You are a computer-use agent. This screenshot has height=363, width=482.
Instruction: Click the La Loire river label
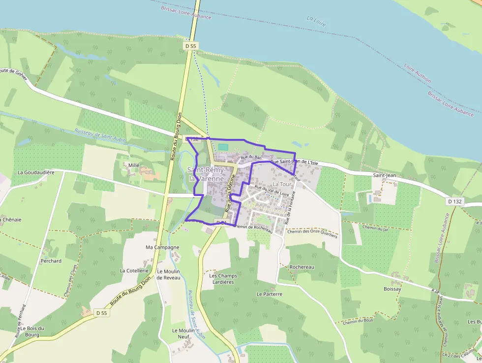(x=317, y=20)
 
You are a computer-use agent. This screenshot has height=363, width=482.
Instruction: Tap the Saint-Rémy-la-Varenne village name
(x=206, y=174)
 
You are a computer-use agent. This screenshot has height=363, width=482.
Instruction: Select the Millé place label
(x=134, y=165)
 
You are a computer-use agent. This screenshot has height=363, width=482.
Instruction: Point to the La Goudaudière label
(x=35, y=172)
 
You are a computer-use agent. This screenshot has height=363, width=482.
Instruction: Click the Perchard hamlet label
(x=51, y=261)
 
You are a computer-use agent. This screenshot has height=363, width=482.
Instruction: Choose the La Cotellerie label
(x=134, y=270)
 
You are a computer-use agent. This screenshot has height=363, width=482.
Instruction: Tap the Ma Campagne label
(x=162, y=247)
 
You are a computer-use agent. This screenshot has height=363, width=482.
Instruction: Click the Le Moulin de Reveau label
(x=168, y=274)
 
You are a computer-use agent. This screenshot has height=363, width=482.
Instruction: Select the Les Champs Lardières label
(x=223, y=279)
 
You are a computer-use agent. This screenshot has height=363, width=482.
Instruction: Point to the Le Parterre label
(x=270, y=294)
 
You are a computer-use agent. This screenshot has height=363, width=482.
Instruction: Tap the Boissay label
(x=392, y=289)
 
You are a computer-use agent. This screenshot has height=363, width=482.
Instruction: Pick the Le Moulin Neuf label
(x=181, y=333)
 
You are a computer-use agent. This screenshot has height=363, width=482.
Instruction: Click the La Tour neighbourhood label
(x=282, y=184)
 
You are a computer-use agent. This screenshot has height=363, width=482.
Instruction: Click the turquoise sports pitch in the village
(x=223, y=147)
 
